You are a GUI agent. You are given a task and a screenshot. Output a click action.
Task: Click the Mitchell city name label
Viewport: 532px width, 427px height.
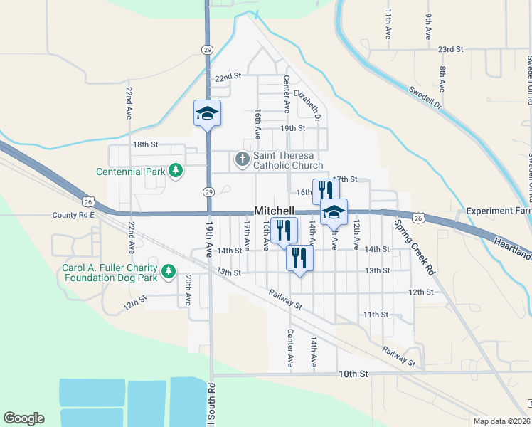tap(275, 211)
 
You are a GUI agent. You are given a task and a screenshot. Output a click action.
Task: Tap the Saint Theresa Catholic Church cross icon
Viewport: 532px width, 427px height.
tap(242, 159)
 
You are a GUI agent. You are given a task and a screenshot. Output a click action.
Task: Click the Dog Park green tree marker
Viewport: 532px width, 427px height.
tap(169, 270)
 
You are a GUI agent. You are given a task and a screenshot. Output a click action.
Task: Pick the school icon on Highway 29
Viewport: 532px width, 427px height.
tap(208, 113)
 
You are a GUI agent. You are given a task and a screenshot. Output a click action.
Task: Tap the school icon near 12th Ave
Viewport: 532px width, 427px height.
tap(333, 211)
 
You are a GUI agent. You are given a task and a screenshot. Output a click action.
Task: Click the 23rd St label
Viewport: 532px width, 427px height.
tap(450, 49)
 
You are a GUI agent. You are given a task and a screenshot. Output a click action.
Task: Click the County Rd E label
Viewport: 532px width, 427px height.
tap(73, 214)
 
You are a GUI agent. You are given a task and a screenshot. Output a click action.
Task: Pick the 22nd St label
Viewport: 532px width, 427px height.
tap(228, 75)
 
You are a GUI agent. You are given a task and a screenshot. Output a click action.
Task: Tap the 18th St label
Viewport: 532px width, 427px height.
tap(144, 144)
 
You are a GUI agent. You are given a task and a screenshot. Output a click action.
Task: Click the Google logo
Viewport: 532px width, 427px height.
tap(23, 418)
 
